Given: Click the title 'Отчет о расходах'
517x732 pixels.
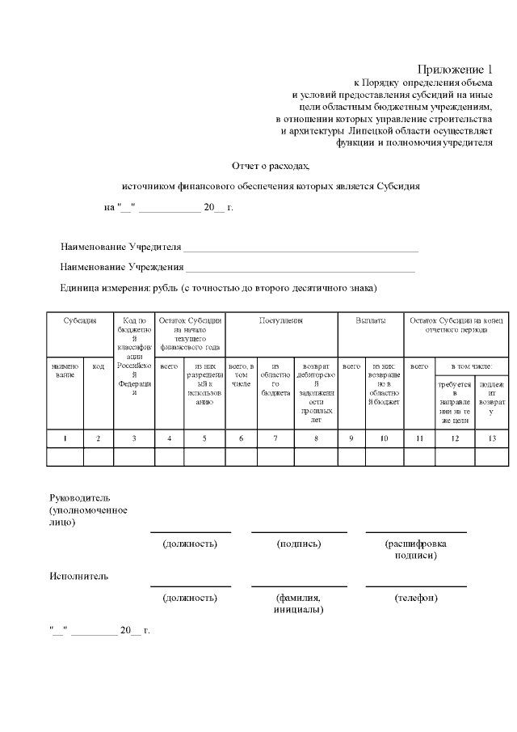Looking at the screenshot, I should click(271, 165).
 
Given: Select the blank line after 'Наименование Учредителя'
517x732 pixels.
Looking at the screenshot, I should click(301, 248).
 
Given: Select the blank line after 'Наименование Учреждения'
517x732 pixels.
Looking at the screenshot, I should click(301, 268).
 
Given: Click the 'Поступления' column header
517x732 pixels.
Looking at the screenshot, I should click(280, 321).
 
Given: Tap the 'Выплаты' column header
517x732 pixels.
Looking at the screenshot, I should click(370, 321).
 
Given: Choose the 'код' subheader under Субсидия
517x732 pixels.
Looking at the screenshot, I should click(99, 366).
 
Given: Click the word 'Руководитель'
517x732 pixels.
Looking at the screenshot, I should click(74, 497).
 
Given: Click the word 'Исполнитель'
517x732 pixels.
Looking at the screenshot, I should click(78, 577).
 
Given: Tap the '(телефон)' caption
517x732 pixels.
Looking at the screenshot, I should click(416, 598).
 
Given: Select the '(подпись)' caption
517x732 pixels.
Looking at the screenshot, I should click(299, 544).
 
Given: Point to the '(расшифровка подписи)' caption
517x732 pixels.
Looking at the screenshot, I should click(416, 549).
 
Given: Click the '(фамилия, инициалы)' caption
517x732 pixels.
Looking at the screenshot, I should click(299, 603).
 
